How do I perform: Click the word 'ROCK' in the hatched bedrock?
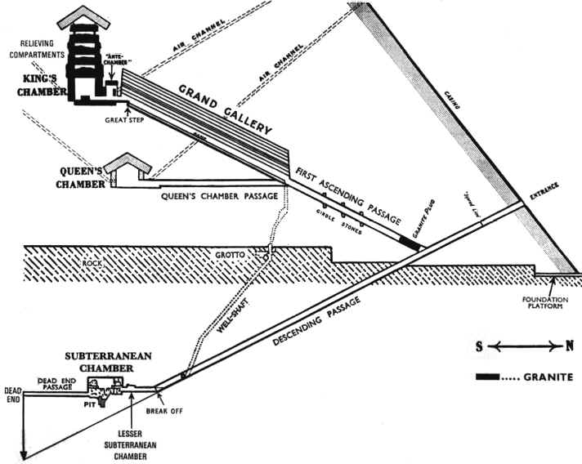pos(92,263)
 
